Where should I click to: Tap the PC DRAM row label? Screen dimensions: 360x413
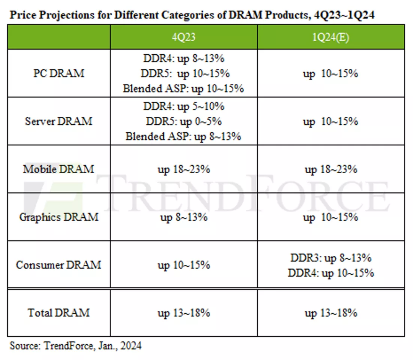pos(59,73)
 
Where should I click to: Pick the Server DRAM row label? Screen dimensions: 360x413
pos(59,121)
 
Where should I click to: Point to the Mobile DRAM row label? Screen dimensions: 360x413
pos(59,169)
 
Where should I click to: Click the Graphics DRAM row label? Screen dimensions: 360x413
pos(59,217)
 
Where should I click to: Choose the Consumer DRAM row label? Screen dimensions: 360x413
pos(59,265)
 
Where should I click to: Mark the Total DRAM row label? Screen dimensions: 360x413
pos(59,313)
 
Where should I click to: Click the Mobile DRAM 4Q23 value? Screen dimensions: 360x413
pos(184,169)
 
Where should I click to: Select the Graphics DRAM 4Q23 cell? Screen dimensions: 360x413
pos(184,217)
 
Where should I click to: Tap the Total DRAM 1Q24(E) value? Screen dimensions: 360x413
pos(330,313)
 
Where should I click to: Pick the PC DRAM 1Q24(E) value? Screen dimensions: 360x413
pos(330,73)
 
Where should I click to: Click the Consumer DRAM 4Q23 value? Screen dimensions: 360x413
pos(184,265)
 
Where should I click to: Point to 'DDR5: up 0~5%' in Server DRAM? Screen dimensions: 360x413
pos(184,121)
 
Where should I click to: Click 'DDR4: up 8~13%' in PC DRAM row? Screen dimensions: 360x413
pos(184,59)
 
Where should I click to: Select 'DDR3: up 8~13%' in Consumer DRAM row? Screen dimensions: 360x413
pos(330,258)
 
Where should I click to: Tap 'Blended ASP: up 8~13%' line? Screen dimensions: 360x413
pos(184,136)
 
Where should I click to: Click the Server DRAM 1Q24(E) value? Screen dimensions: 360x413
pos(330,121)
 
